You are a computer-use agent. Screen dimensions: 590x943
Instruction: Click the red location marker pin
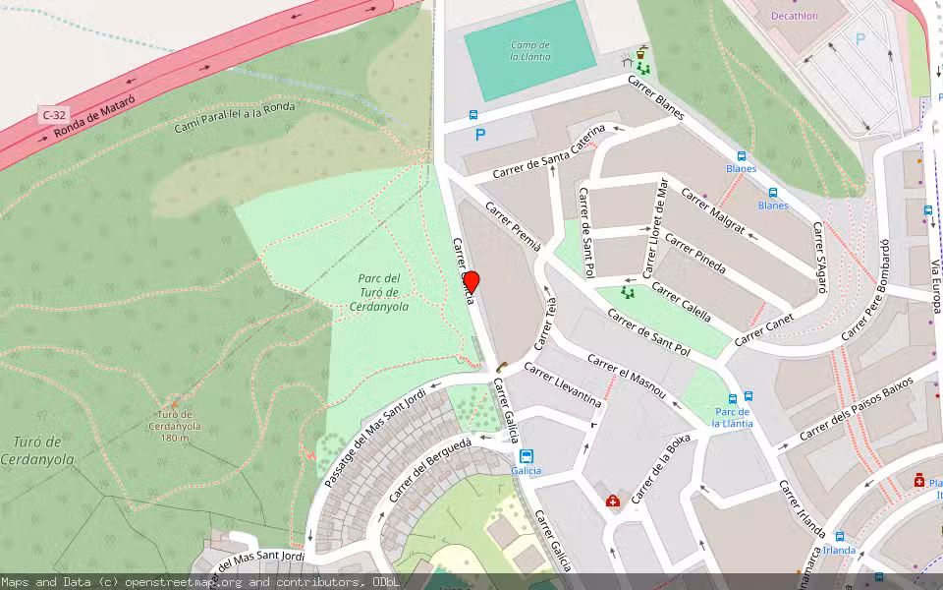(471, 281)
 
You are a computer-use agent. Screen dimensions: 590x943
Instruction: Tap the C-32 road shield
(54, 115)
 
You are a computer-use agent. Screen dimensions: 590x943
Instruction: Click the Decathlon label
(794, 16)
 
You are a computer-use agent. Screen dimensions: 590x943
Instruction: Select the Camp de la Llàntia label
(529, 51)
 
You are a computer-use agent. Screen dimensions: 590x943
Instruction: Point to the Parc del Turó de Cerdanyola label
(379, 292)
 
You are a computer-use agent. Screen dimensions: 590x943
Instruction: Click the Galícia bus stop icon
(527, 456)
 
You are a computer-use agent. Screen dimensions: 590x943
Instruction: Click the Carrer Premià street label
(514, 229)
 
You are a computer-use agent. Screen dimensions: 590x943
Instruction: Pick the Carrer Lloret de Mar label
(655, 227)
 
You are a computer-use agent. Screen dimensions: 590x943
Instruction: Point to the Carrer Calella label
(682, 304)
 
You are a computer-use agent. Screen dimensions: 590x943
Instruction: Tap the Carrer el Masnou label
(628, 377)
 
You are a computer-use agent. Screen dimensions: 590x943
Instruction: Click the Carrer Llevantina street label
(563, 384)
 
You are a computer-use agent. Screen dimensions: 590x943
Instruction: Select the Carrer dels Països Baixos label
(856, 407)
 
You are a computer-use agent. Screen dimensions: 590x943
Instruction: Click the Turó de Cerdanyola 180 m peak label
(175, 426)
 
